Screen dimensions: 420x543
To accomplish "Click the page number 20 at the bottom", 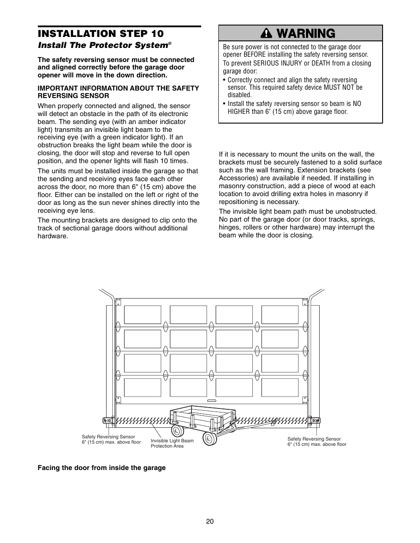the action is coord(210,521).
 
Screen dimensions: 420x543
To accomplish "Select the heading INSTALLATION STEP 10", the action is coord(100,34).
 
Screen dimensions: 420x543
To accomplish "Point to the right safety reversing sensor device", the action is coord(314,420).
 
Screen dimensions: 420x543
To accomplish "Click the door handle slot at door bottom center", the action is coord(211,401).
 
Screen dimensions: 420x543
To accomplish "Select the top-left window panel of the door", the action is coord(142,315).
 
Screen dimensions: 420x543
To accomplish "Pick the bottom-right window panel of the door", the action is coord(280,387).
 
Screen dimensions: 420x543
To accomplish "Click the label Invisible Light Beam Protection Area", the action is coord(172,443).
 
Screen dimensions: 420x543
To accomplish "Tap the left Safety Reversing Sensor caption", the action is coord(111,440).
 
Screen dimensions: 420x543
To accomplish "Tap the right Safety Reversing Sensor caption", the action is coord(317,441).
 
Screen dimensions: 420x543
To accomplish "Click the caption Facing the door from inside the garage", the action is coord(102,468).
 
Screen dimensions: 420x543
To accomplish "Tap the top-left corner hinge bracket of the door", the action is coord(118,301).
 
